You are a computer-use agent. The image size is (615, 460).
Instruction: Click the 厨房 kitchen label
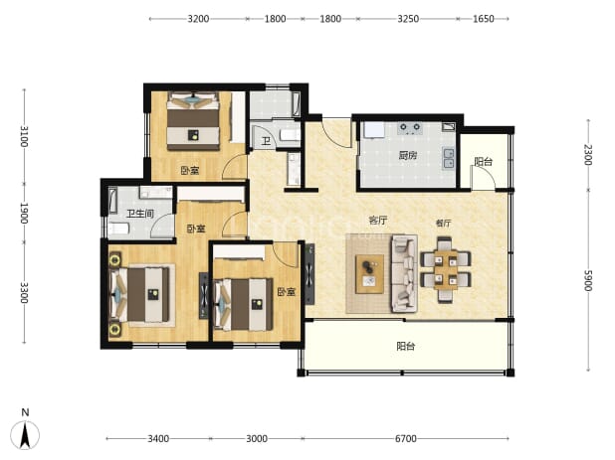pyautogui.click(x=408, y=155)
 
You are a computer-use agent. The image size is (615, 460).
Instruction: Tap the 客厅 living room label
pyautogui.click(x=378, y=220)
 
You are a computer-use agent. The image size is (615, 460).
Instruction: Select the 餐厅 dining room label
pyautogui.click(x=443, y=224)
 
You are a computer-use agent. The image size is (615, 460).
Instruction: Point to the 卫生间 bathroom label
pyautogui.click(x=140, y=214)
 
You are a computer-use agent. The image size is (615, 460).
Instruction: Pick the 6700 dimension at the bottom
pyautogui.click(x=406, y=438)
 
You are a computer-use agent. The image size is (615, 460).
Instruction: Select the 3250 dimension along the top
pyautogui.click(x=408, y=19)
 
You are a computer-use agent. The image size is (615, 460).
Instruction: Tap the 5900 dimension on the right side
pyautogui.click(x=588, y=280)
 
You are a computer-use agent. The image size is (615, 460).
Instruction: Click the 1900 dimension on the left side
pyautogui.click(x=24, y=214)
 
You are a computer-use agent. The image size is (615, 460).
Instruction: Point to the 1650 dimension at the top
pyautogui.click(x=483, y=19)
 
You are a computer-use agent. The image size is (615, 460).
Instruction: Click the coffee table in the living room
pyautogui.click(x=369, y=273)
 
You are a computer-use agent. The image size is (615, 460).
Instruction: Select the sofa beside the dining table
pyautogui.click(x=404, y=273)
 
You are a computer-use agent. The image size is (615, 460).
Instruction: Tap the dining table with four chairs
pyautogui.click(x=446, y=269)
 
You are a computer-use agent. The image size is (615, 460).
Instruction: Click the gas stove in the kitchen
pyautogui.click(x=409, y=128)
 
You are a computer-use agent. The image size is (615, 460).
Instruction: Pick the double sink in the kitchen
pyautogui.click(x=449, y=159)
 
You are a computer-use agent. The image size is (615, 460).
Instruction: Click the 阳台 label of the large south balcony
pyautogui.click(x=406, y=346)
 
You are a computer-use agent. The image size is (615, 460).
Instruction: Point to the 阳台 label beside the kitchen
pyautogui.click(x=483, y=161)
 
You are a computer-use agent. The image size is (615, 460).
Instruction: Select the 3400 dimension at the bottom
pyautogui.click(x=158, y=438)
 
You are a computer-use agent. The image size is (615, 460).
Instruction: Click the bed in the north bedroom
pyautogui.click(x=193, y=121)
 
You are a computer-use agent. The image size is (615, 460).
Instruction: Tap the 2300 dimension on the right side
pyautogui.click(x=588, y=155)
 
